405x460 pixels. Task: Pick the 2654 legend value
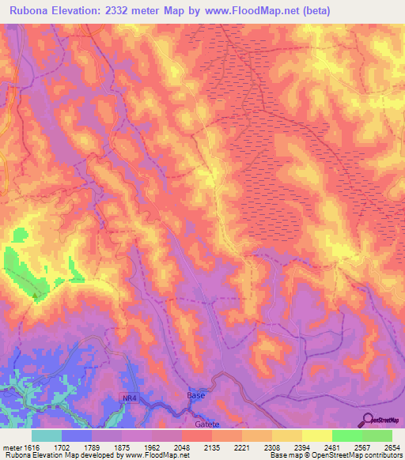(392, 447)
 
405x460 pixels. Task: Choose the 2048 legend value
(182, 447)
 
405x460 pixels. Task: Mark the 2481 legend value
(331, 447)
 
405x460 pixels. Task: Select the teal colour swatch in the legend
(47, 435)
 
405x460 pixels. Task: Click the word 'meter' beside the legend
(12, 447)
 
